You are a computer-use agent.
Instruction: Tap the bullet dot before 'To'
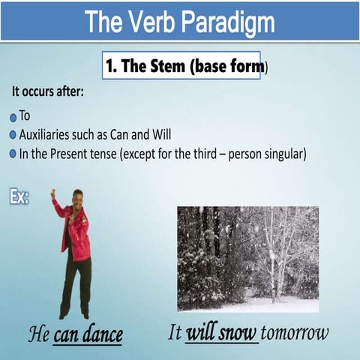13,118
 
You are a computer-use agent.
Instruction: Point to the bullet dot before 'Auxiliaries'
13,136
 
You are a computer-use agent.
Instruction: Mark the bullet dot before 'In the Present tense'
13,154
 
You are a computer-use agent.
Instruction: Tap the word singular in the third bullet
280,154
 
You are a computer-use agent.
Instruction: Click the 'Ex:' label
19,197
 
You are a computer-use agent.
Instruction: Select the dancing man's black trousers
76,285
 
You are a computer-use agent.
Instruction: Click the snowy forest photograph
247,259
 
